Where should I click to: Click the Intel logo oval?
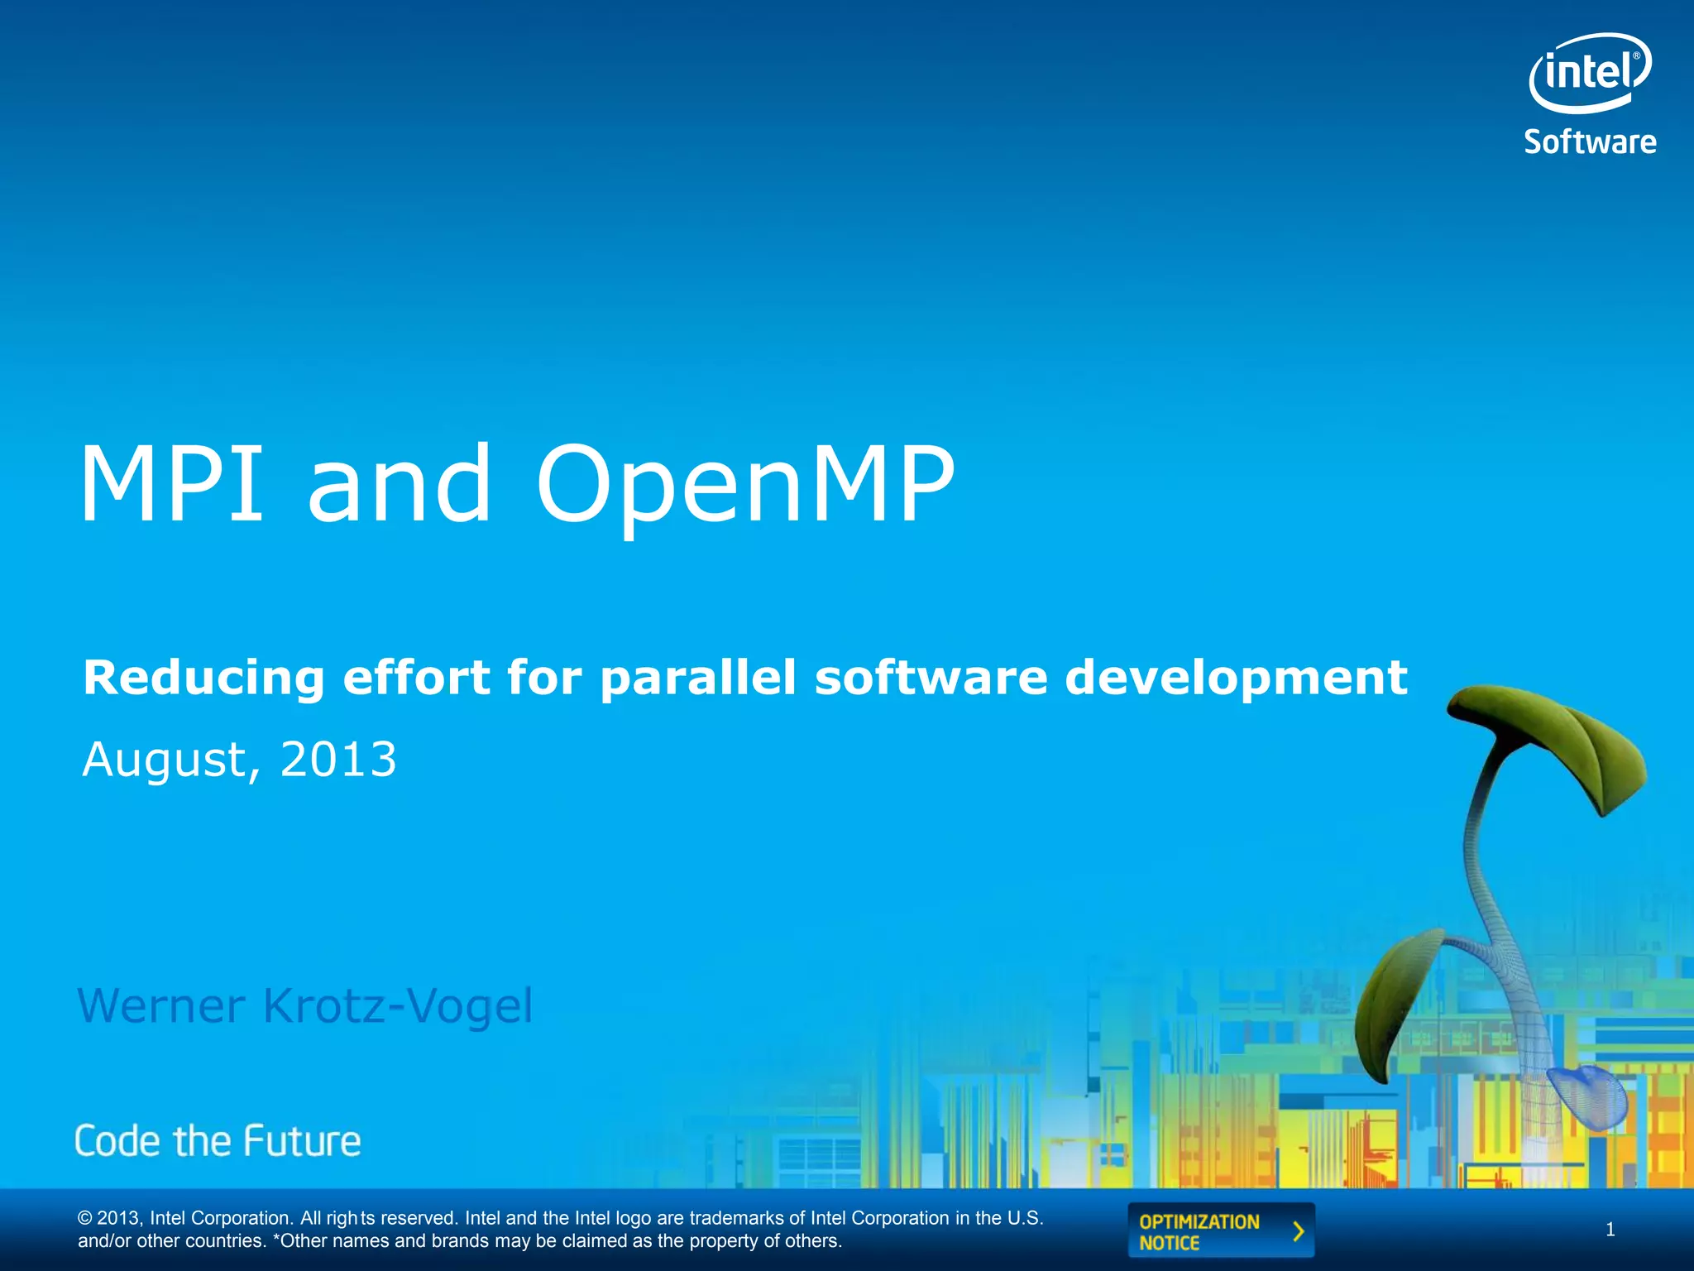(x=1589, y=73)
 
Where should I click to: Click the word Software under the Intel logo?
(x=1590, y=142)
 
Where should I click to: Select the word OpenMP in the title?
(x=745, y=485)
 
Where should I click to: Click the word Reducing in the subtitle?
(x=203, y=679)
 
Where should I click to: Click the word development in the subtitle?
(x=1236, y=679)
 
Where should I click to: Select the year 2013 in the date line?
(x=338, y=760)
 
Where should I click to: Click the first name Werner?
(x=161, y=1006)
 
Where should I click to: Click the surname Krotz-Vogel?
(x=398, y=1006)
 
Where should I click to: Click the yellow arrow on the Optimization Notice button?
(x=1299, y=1231)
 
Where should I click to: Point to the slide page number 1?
(x=1610, y=1230)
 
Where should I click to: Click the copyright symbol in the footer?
(x=84, y=1218)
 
